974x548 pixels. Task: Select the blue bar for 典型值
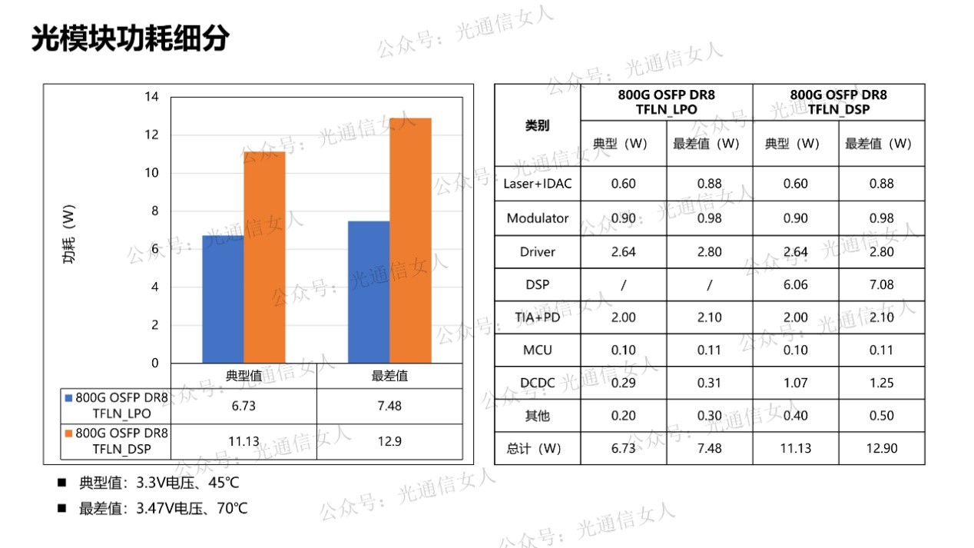(x=223, y=299)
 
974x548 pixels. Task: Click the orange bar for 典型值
(x=264, y=257)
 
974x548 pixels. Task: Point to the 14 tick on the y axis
(x=151, y=97)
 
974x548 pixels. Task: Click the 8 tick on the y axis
(x=154, y=211)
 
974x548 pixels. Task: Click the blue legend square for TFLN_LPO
(x=68, y=398)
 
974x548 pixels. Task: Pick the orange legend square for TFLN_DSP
(x=68, y=433)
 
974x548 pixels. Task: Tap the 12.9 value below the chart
(x=389, y=441)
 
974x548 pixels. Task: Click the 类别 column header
(x=537, y=125)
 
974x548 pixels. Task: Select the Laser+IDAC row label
(x=537, y=184)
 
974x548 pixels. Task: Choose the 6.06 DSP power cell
(x=795, y=284)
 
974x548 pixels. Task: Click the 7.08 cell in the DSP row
(x=881, y=284)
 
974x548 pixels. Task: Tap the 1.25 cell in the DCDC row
(x=881, y=383)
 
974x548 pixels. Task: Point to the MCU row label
(x=537, y=350)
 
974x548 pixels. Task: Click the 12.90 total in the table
(x=881, y=448)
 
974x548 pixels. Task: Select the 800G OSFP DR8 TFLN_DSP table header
(x=838, y=102)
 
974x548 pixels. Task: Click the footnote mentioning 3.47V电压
(x=163, y=508)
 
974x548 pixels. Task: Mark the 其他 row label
(x=537, y=416)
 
